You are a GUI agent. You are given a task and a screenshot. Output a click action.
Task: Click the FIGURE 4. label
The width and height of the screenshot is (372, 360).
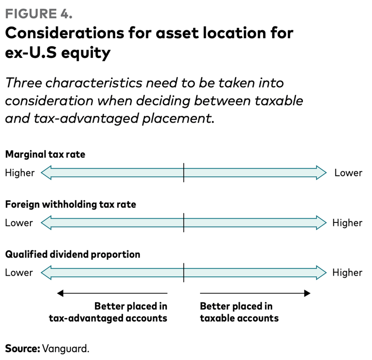[39, 13]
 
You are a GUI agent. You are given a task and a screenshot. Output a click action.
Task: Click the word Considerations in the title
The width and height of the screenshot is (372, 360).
[65, 33]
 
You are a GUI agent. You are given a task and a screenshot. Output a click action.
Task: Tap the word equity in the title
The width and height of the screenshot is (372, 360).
[86, 53]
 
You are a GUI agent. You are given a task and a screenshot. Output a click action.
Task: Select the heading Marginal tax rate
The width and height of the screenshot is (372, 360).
[45, 154]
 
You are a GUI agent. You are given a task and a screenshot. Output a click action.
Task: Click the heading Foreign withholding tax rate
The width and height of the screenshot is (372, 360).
[71, 204]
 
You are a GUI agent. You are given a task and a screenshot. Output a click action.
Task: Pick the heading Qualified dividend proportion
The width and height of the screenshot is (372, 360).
[73, 254]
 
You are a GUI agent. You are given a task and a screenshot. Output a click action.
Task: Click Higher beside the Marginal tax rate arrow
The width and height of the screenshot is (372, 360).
[20, 173]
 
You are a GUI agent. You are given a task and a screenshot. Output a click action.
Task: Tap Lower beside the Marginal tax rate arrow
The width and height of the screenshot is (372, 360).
[348, 173]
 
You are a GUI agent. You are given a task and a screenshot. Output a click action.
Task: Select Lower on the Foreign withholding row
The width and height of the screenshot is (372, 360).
[19, 223]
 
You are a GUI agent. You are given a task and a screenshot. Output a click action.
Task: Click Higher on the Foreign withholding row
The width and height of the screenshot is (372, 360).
[347, 223]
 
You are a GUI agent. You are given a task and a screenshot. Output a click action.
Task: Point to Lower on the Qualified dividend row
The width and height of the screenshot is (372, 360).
[19, 273]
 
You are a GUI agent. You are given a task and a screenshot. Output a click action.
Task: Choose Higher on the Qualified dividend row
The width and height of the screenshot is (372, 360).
[347, 273]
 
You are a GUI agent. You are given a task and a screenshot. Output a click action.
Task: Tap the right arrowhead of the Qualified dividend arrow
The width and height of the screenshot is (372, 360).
[321, 273]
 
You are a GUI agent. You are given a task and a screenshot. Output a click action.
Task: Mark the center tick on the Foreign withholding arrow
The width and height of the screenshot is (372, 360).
[183, 222]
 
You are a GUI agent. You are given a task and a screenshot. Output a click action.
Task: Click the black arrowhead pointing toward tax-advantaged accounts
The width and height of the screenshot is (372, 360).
[60, 293]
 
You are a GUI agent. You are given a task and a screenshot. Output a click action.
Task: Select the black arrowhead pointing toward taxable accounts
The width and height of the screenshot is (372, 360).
[307, 293]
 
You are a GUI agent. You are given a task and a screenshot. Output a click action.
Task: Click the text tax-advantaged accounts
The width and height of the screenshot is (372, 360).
[108, 318]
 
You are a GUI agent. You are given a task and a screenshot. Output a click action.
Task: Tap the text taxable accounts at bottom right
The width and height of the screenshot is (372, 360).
[239, 318]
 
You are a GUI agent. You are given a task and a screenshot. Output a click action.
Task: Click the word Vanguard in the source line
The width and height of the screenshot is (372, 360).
[66, 349]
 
